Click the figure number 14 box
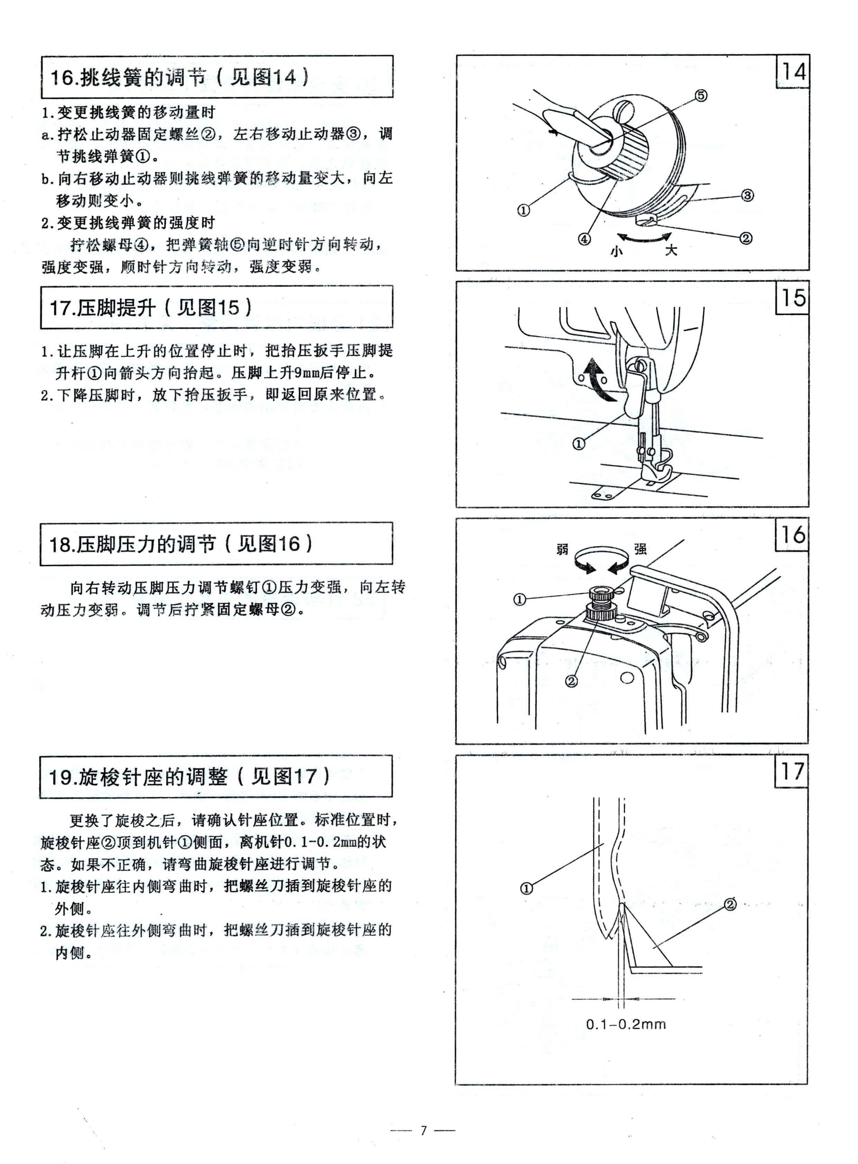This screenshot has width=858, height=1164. (x=793, y=72)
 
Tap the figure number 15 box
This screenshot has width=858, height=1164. (x=793, y=298)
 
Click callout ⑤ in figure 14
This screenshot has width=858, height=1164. (x=701, y=95)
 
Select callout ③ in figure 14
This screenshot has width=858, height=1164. (x=747, y=196)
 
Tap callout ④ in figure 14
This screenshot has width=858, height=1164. (x=585, y=239)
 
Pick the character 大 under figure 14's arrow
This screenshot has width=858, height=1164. (x=672, y=251)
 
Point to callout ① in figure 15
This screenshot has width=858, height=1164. (x=578, y=444)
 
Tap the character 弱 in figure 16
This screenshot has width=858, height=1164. (x=563, y=549)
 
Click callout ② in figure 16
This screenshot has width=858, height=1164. (x=571, y=681)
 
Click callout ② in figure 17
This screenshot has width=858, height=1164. (x=730, y=904)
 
